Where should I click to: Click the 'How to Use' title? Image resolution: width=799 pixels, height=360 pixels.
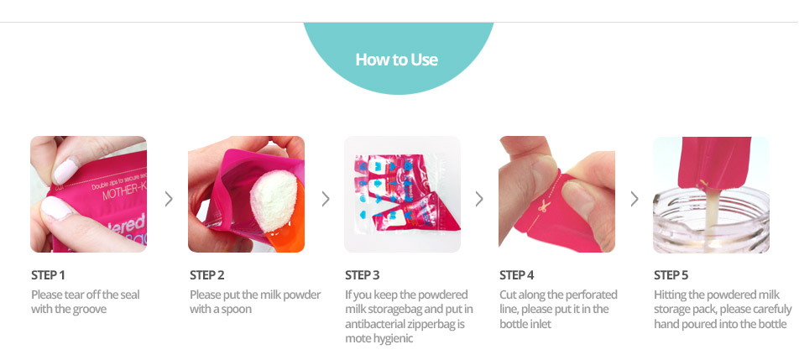point(396,60)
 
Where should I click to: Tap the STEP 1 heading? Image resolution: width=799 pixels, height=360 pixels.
point(48,275)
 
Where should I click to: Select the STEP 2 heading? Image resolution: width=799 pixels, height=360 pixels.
point(206,275)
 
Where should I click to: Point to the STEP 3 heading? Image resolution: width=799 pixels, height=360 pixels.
point(363,275)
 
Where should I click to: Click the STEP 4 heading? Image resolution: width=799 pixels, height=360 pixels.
point(517,275)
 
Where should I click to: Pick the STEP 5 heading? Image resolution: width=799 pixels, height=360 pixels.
point(671,275)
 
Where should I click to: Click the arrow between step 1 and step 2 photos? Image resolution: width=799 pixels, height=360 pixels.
point(169,199)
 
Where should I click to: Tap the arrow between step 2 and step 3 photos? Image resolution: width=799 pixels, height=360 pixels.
point(326,199)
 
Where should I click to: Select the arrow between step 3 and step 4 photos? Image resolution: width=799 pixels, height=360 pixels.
point(479,199)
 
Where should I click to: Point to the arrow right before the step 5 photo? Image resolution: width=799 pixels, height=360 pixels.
point(634,199)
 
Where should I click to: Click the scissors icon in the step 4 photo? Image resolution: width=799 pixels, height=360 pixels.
point(544,206)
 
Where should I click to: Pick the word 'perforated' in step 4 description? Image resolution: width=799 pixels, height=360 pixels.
point(592,295)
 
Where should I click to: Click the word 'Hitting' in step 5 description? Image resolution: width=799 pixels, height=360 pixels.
point(670,295)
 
